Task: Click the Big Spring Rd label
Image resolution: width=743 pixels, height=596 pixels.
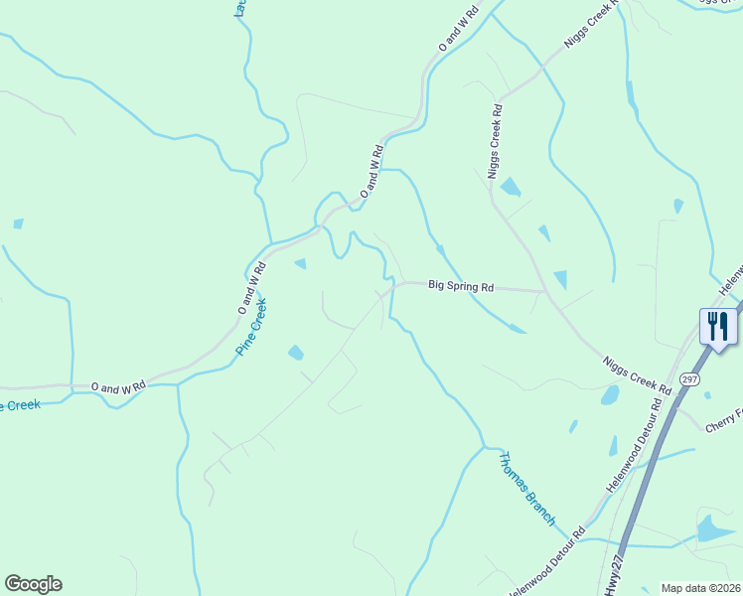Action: pyautogui.click(x=461, y=286)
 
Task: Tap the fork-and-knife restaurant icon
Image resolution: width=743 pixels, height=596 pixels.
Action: pyautogui.click(x=717, y=326)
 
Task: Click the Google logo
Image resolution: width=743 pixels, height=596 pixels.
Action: pyautogui.click(x=33, y=584)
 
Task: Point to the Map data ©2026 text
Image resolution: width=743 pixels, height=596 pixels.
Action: pyautogui.click(x=699, y=588)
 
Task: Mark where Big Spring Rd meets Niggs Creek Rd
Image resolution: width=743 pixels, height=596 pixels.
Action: pyautogui.click(x=545, y=292)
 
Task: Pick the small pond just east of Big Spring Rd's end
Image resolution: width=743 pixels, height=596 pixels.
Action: pyautogui.click(x=561, y=280)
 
